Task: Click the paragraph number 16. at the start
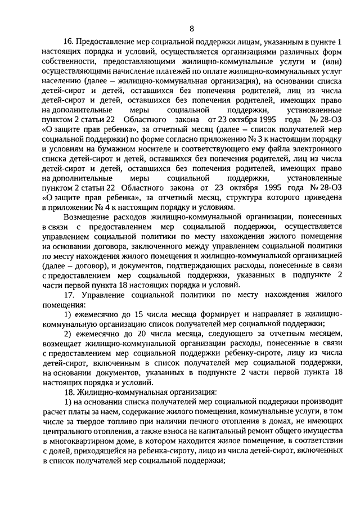point(69,42)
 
